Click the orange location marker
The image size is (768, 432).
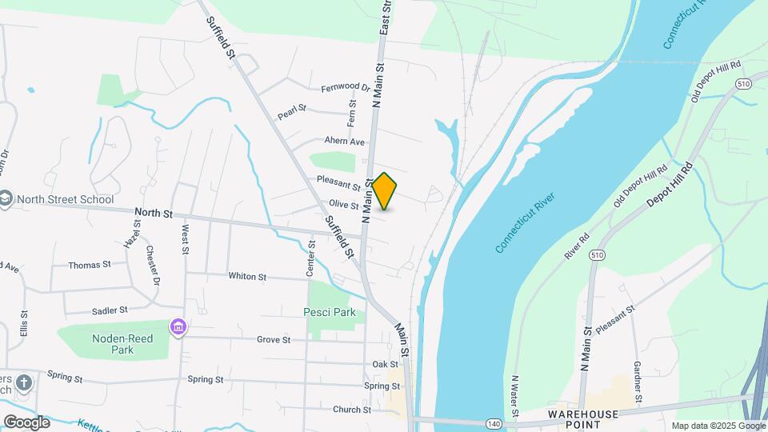click(x=385, y=191)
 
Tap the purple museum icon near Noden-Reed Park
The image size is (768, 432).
click(x=178, y=326)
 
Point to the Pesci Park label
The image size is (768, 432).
click(x=329, y=312)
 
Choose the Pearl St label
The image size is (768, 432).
click(x=292, y=112)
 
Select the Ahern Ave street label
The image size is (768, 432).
click(x=344, y=142)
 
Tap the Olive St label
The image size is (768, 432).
click(x=344, y=206)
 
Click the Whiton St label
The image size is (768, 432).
click(x=247, y=277)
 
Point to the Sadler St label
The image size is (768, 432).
click(x=110, y=310)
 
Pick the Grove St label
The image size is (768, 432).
click(x=274, y=340)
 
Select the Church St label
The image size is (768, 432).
click(x=352, y=410)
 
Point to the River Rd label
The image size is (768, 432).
click(x=576, y=246)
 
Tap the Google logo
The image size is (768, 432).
click(x=26, y=422)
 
